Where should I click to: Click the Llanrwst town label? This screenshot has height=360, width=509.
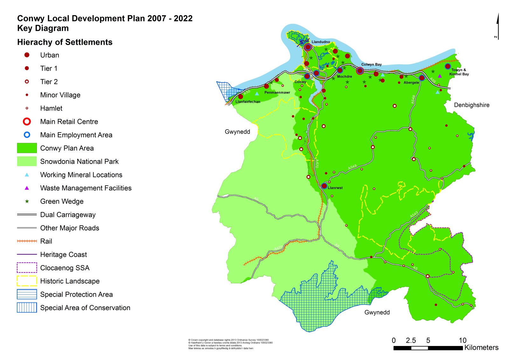coord(335,188)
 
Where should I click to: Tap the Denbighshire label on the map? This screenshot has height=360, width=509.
coord(471,105)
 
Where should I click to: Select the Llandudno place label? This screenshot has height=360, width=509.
coord(321,42)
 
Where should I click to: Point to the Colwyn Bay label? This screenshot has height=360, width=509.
coord(371,64)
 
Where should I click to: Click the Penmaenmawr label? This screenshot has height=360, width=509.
coord(277,93)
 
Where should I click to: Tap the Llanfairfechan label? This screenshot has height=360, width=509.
coord(248,102)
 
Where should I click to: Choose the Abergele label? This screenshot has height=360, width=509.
coord(411,82)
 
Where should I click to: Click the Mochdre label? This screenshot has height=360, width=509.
coord(344,76)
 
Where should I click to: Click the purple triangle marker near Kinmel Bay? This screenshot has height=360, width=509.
coord(440,76)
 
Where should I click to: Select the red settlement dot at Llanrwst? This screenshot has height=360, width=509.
coord(324,186)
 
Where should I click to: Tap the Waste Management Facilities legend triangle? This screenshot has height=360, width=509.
coord(27,188)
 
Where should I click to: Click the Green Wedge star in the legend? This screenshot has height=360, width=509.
coord(27,201)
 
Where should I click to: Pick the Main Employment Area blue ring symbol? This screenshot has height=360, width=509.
coord(27,135)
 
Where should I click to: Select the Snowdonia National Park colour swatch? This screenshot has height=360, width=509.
coord(27,161)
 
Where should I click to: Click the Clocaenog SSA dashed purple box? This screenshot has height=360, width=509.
coord(27,268)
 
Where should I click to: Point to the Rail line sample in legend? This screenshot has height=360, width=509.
coord(27,241)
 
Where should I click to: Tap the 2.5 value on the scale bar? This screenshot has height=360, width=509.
coord(411,341)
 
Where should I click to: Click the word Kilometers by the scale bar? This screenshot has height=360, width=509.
coord(481,348)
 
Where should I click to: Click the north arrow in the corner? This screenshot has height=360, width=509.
coord(498,27)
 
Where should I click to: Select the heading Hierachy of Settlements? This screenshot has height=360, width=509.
coord(65,42)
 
